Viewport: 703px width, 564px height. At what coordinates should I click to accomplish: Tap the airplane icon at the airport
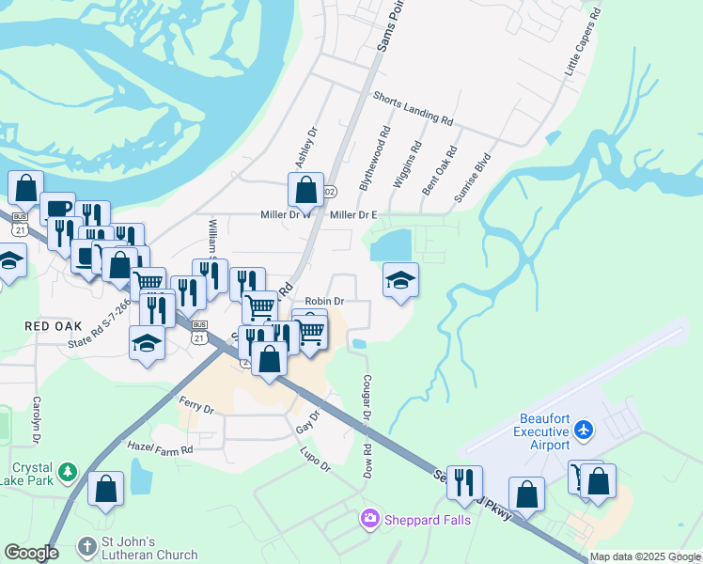tap(585, 430)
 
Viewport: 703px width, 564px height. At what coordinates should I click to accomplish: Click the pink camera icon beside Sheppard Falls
tap(370, 518)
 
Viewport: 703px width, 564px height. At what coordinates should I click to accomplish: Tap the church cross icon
tap(86, 546)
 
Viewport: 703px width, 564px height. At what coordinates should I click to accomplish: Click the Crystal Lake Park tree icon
tap(67, 470)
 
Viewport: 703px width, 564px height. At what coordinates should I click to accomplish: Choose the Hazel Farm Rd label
tap(160, 450)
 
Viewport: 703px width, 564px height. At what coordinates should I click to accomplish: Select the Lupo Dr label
tap(317, 454)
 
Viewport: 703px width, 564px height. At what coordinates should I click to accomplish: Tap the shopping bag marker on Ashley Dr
tap(305, 191)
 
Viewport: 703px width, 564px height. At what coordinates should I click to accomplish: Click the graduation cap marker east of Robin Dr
tap(400, 280)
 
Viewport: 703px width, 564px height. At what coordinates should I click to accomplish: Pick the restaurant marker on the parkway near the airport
tap(464, 483)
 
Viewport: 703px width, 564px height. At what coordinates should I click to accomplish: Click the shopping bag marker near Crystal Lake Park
tap(105, 489)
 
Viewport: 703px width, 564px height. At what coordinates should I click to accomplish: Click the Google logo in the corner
tap(30, 554)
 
